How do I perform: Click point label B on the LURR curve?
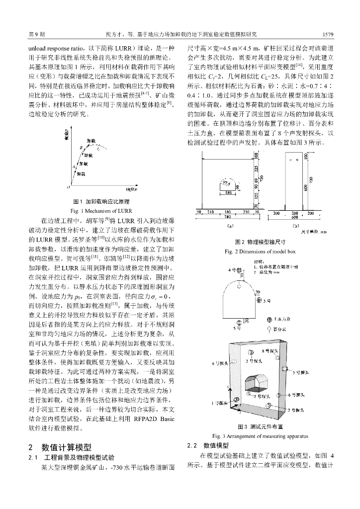pos(80,148)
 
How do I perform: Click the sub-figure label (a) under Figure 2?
pos(230,225)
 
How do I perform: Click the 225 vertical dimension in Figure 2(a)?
pos(257,168)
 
